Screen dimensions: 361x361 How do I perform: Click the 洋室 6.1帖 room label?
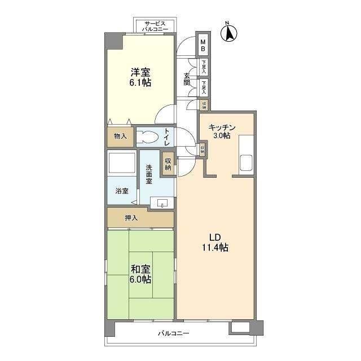pos(140,77)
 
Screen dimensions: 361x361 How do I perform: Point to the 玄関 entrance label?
pos(187,80)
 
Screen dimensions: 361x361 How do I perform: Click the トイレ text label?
pos(167,138)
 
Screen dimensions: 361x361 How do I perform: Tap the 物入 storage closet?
pos(120,137)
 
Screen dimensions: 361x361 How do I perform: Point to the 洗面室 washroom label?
pos(149,174)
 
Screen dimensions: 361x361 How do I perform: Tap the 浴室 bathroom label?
pos(122,191)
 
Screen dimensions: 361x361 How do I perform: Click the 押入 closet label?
pos(131,218)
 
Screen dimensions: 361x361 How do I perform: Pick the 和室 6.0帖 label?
pos(140,274)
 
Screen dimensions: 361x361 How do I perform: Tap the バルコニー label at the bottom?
pos(173,333)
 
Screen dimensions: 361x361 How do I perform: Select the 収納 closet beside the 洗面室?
pos(168,164)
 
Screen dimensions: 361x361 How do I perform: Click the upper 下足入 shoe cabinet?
pos(203,67)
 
